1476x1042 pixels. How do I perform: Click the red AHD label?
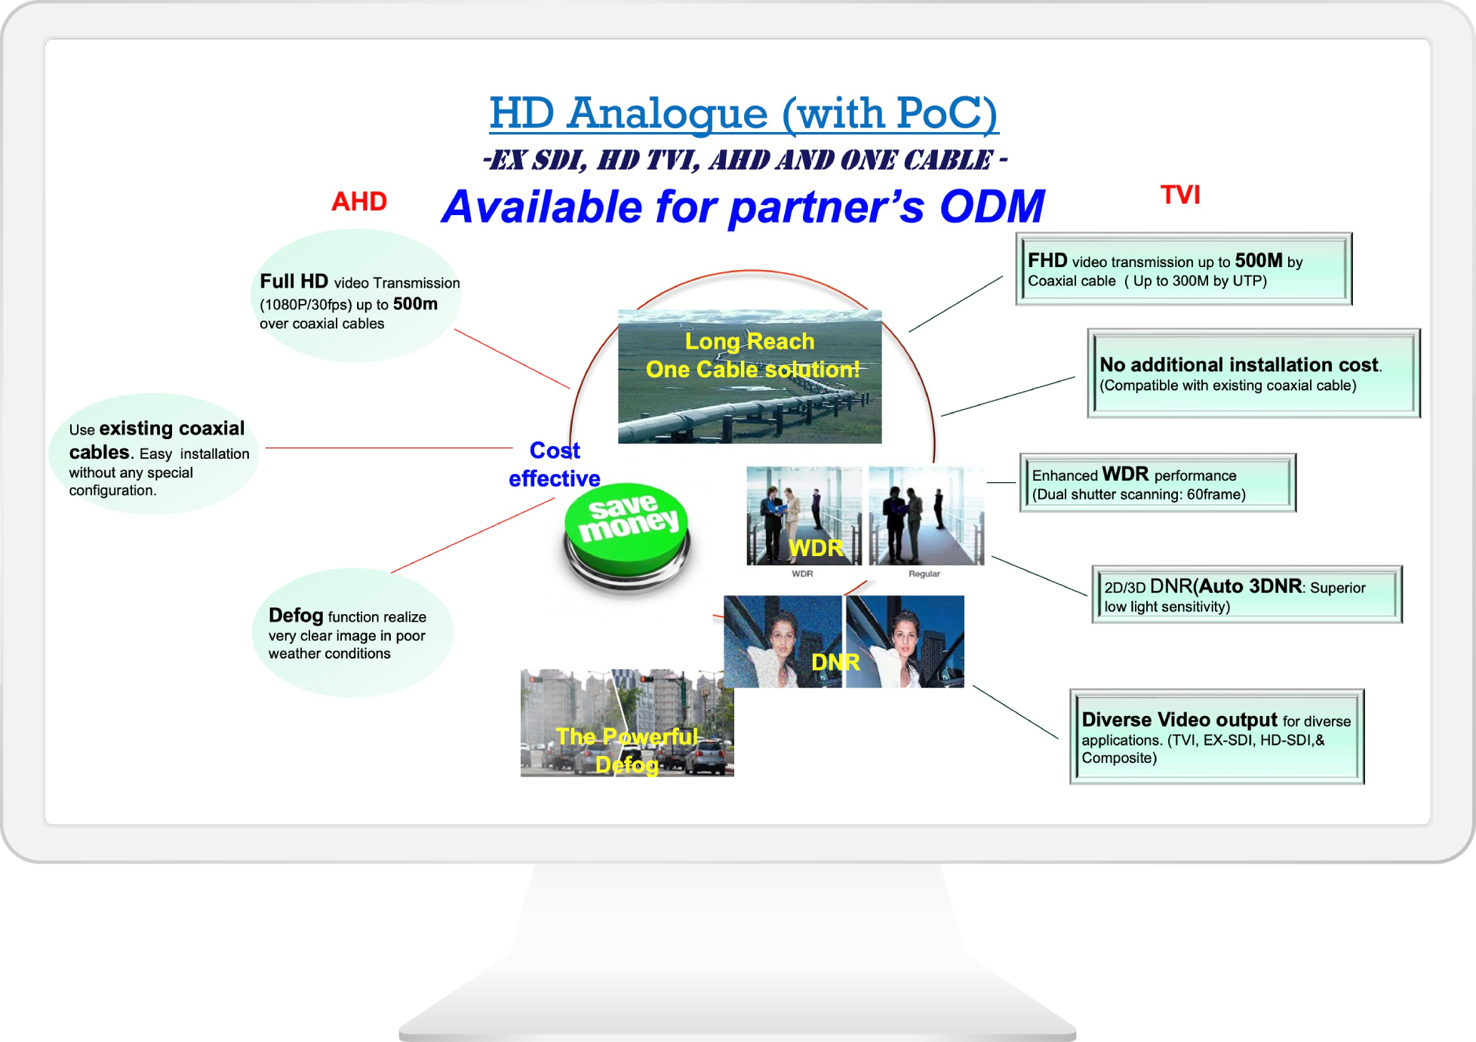click(359, 201)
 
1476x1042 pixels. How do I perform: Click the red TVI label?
click(1180, 195)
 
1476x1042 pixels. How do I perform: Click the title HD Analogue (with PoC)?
click(744, 113)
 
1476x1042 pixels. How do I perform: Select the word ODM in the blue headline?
click(992, 207)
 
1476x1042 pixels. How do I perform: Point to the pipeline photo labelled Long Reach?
click(749, 376)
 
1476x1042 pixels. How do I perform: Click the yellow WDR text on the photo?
click(816, 548)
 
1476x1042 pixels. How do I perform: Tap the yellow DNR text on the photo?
click(835, 662)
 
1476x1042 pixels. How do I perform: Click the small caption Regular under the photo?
click(924, 574)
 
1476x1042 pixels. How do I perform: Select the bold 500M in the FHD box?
click(1259, 260)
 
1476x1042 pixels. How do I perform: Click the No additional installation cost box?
click(1253, 373)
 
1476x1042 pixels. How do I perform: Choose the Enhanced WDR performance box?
click(1158, 483)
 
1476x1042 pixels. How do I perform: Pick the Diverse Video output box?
click(1216, 736)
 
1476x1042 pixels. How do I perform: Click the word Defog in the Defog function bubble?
click(296, 616)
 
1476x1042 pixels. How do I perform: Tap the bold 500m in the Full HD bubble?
click(415, 303)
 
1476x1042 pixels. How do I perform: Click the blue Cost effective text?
click(555, 464)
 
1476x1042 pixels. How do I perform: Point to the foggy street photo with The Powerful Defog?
click(627, 723)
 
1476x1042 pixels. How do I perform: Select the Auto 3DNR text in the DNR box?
click(1250, 586)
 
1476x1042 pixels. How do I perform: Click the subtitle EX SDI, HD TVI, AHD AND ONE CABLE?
click(745, 160)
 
